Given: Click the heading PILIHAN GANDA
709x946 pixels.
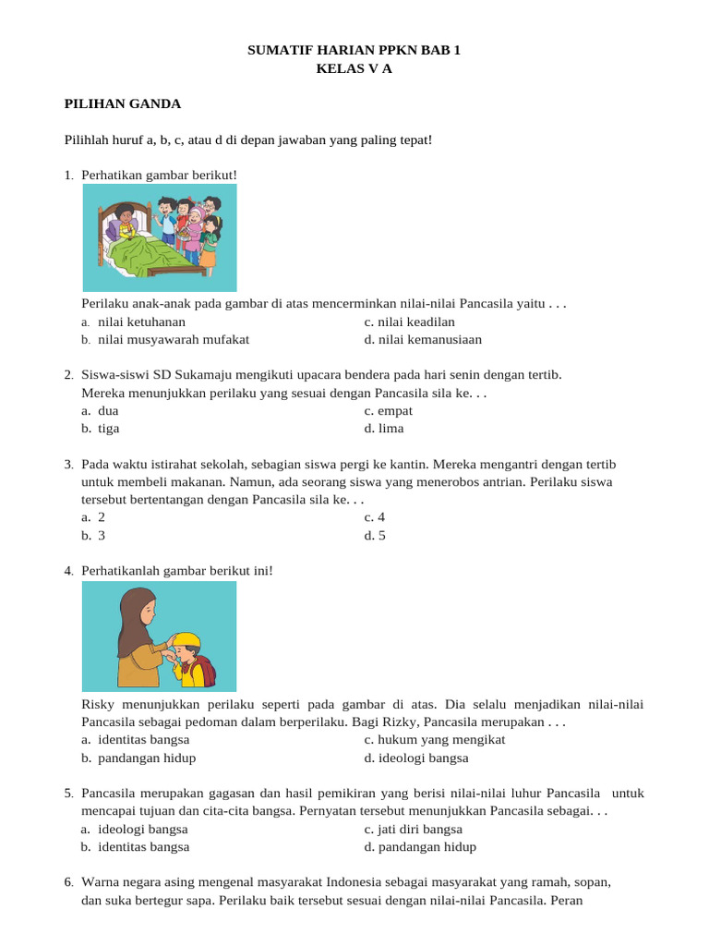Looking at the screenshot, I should pos(123,104).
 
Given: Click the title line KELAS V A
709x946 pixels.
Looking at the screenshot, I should pos(354,68).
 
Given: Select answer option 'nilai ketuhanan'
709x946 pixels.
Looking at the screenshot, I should pos(141,321).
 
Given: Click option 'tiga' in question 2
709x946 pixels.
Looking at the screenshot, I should pos(108,428).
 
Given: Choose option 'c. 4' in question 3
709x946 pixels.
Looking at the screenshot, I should pos(374,517).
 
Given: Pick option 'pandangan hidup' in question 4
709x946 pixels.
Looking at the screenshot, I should pos(146,758).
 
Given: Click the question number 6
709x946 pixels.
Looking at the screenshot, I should pos(69,882).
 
